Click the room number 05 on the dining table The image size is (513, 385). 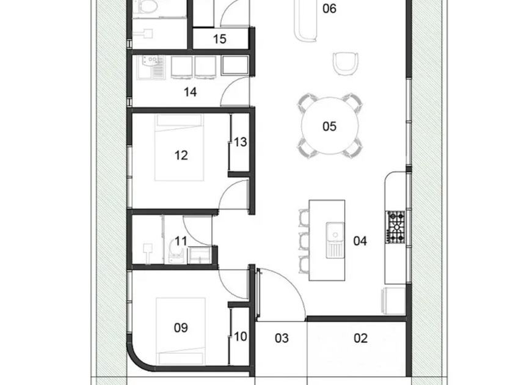click(329, 127)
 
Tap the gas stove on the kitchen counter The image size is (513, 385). click(396, 227)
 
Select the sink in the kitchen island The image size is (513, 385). click(335, 240)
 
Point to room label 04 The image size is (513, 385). click(360, 241)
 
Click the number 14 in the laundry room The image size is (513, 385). click(190, 92)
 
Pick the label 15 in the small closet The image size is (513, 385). click(219, 39)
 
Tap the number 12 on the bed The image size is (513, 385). click(181, 155)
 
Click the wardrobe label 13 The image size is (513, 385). click(240, 142)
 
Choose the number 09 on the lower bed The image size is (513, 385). click(181, 328)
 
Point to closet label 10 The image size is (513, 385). click(240, 336)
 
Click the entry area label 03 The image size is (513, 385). click(282, 338)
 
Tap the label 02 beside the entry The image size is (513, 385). click(360, 338)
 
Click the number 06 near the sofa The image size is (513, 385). click(329, 9)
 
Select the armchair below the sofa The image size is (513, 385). click(346, 64)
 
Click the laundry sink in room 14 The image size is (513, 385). click(151, 67)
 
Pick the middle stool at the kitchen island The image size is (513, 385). click(304, 241)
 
